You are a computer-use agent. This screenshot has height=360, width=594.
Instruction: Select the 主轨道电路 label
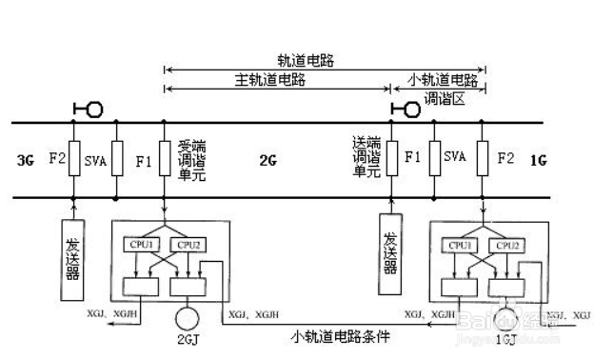click(268, 80)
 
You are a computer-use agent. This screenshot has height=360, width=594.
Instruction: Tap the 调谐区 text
click(443, 98)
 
